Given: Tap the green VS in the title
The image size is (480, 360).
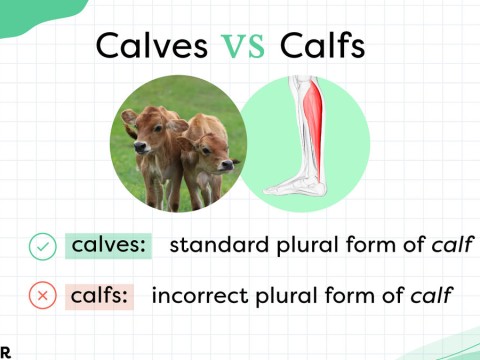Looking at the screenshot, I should tap(244, 46).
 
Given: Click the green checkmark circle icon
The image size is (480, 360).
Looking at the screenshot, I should tap(42, 246).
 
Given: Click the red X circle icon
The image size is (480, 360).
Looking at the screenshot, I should tap(42, 296).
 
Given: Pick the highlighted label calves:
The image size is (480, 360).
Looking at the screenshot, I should tap(109, 246).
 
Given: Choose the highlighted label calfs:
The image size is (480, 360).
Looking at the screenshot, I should tap(101, 296).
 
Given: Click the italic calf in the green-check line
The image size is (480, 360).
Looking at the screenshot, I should tap(449, 246).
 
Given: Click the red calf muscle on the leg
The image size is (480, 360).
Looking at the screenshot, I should tap(315, 110).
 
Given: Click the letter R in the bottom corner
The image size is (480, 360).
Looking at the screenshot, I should tap(5, 352).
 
